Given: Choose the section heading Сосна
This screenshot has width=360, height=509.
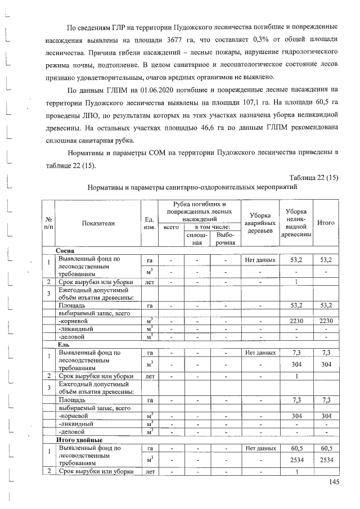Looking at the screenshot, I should point(67,250).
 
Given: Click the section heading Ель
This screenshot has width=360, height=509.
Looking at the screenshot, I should point(63,344).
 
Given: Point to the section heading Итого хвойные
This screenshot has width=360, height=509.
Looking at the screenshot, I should point(78,439).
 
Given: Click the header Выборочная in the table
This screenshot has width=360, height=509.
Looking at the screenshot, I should point(225,238).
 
